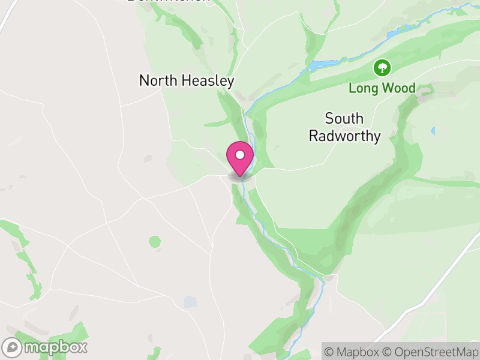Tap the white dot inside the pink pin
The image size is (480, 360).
(x=240, y=155)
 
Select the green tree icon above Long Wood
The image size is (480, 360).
(x=382, y=68)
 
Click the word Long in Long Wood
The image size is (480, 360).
(x=363, y=89)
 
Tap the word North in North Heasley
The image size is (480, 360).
(x=157, y=80)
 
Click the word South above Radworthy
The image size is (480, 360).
(x=345, y=118)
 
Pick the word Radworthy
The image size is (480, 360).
(x=345, y=136)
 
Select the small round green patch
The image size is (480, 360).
(x=155, y=242)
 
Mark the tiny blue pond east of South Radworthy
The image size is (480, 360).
(x=433, y=130)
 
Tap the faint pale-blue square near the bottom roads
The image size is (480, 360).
(x=190, y=301)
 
